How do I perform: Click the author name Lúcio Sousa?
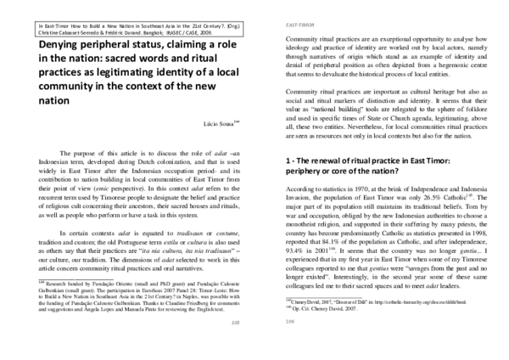[216, 125]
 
